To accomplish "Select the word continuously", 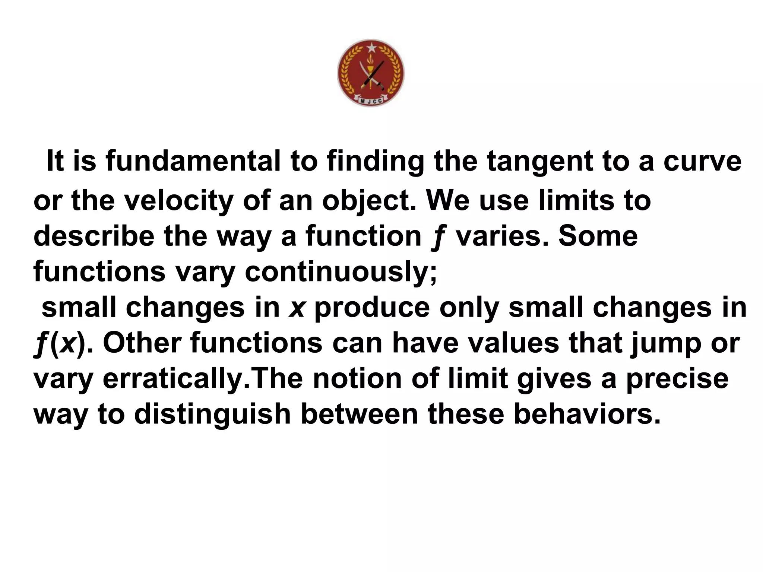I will pyautogui.click(x=341, y=272).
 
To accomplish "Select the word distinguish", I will pyautogui.click(x=212, y=414).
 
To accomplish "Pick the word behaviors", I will pyautogui.click(x=587, y=414).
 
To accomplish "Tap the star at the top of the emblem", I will pyautogui.click(x=371, y=48).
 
